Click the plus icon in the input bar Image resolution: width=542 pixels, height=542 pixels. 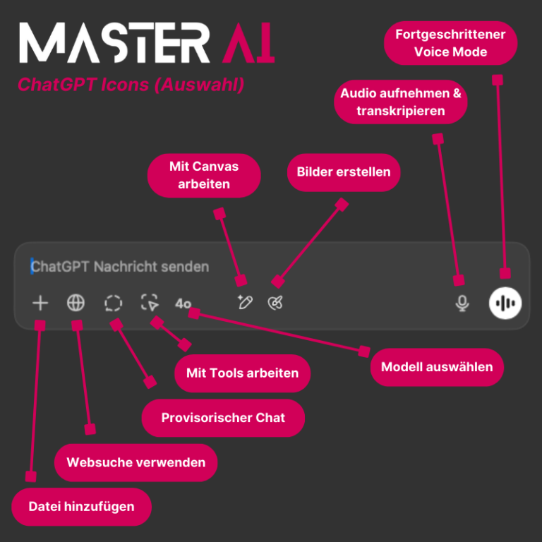40,303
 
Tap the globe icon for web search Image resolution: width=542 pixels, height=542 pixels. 76,303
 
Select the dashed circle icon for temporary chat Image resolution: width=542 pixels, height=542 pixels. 113,303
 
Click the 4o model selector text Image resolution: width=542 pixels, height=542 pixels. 183,303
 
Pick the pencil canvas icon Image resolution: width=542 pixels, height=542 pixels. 245,303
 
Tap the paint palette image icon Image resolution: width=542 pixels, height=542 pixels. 275,303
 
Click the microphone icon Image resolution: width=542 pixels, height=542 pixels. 462,303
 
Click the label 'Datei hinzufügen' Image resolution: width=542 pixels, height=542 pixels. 81,507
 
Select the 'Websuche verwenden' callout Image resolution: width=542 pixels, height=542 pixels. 135,463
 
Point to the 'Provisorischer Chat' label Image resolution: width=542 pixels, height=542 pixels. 223,418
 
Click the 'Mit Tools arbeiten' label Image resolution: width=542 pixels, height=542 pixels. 242,373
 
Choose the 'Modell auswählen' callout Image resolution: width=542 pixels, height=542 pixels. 437,367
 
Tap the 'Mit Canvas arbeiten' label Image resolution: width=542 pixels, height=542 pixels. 204,175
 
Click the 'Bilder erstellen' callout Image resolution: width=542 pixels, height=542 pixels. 343,172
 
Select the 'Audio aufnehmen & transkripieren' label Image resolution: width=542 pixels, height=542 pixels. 400,102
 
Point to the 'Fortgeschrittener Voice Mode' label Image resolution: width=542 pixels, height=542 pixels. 450,42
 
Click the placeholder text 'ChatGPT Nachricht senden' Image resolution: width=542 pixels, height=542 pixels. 121,267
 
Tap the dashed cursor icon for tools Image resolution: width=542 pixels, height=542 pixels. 150,303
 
